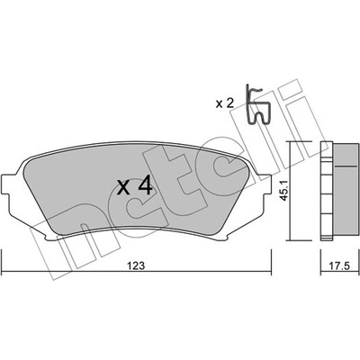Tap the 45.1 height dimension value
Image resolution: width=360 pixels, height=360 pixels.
pyautogui.click(x=283, y=190)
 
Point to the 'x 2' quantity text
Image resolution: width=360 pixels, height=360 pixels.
pyautogui.click(x=224, y=103)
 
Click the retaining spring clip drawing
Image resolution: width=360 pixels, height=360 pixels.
pyautogui.click(x=257, y=104)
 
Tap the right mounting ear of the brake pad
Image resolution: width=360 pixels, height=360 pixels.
pyautogui.click(x=266, y=185)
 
